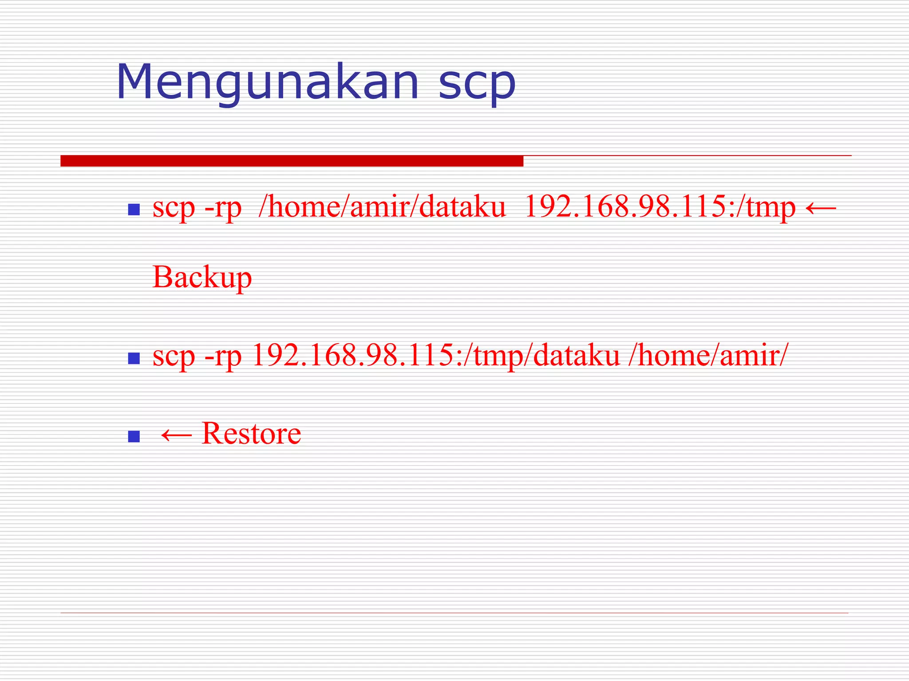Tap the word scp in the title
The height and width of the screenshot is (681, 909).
click(x=477, y=84)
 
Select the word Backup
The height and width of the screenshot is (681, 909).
click(x=202, y=278)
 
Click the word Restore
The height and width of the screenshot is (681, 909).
click(x=251, y=433)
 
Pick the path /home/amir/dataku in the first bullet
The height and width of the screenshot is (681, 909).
click(x=382, y=207)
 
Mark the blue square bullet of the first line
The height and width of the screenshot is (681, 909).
click(x=134, y=209)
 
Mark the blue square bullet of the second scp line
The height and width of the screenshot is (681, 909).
click(x=134, y=358)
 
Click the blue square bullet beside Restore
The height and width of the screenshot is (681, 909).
click(x=134, y=436)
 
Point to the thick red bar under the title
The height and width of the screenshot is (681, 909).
click(x=292, y=161)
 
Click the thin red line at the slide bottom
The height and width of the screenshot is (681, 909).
click(x=454, y=613)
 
